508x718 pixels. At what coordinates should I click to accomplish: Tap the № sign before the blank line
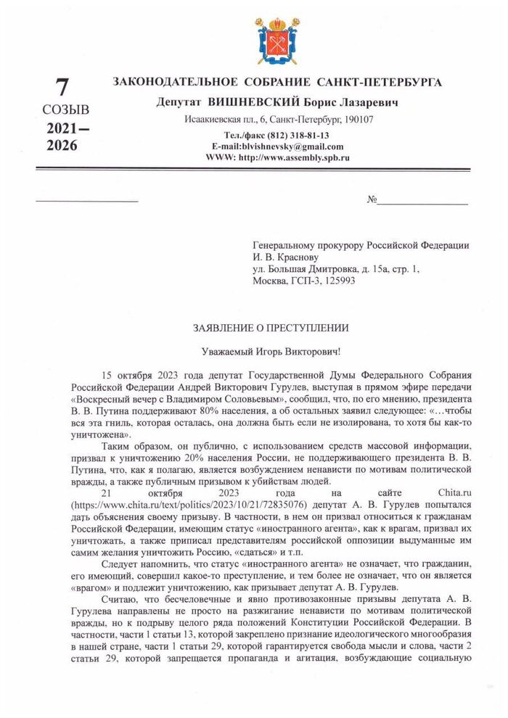click(373, 199)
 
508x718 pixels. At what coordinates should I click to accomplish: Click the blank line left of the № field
click(86, 199)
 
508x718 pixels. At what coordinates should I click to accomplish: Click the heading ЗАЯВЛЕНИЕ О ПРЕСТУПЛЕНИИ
click(271, 328)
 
